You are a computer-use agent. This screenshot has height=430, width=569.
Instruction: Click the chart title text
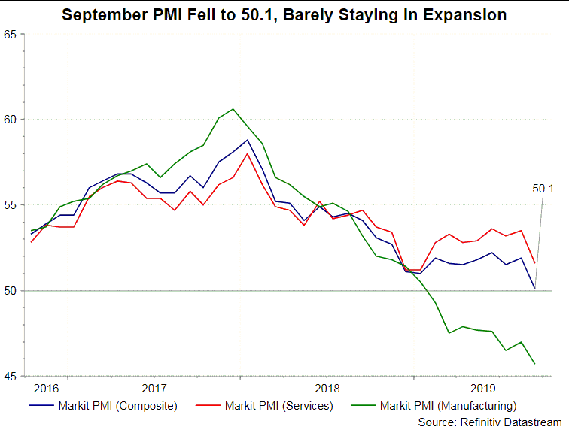click(x=284, y=15)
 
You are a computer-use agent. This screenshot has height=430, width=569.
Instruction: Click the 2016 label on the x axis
click(x=47, y=389)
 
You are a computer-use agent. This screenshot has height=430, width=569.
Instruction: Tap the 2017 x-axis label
click(x=154, y=389)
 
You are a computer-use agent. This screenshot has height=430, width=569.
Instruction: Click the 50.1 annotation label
click(x=543, y=189)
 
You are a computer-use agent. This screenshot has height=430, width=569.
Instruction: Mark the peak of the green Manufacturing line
click(x=233, y=109)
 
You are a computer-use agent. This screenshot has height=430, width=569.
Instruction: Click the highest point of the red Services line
click(x=248, y=153)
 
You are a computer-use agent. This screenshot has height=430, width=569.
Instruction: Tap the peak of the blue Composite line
click(x=248, y=140)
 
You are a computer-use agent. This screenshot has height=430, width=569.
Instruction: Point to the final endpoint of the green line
click(x=534, y=364)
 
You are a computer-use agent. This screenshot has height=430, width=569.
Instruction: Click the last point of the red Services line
click(x=534, y=263)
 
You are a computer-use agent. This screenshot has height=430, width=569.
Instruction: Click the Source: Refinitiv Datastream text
click(x=489, y=422)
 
